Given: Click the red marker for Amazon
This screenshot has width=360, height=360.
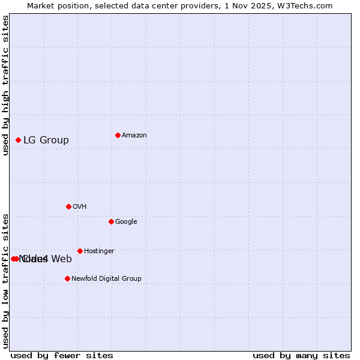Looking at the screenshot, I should point(118,135).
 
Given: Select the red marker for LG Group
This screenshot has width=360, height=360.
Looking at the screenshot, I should point(18,140).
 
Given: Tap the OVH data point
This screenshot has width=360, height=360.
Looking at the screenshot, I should point(68,206).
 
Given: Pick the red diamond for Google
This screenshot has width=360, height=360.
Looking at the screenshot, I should point(111,221).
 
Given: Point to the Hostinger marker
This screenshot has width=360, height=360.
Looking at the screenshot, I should point(80,251).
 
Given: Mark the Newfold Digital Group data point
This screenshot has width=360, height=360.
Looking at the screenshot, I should point(67,278).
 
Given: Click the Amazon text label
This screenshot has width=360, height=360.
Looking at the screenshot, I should point(134,136).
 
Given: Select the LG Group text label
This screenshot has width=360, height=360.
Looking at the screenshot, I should point(46,140).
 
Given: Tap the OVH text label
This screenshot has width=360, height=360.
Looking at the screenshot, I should point(80,207).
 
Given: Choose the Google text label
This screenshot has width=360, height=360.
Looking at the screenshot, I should point(126,222).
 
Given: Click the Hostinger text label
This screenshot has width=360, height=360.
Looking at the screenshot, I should point(99,251).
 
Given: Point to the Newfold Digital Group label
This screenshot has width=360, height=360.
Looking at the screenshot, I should point(106,279).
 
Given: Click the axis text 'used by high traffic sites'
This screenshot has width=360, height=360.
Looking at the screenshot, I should point(6,85).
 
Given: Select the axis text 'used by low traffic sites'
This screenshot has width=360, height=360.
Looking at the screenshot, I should point(6,281).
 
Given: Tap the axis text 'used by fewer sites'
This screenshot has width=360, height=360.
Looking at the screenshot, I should point(62,355).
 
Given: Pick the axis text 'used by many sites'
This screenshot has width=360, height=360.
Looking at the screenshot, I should point(301,355).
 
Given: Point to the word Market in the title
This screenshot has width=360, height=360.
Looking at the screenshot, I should point(41,6).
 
